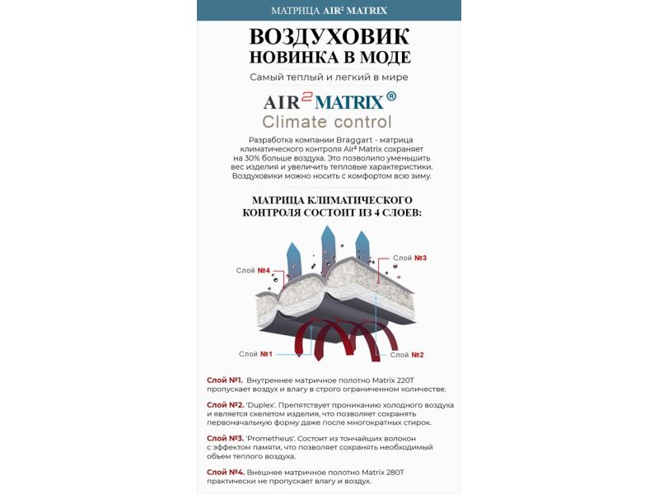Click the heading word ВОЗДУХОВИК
pyautogui.click(x=329, y=37)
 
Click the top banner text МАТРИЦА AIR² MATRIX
pyautogui.click(x=329, y=11)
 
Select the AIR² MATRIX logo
pyautogui.click(x=323, y=101)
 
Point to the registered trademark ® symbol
pyautogui.click(x=390, y=96)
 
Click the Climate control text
pyautogui.click(x=327, y=123)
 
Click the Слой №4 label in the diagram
pyautogui.click(x=253, y=271)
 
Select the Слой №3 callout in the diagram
pyautogui.click(x=409, y=259)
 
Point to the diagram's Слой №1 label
pyautogui.click(x=255, y=354)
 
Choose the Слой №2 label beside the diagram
pyautogui.click(x=407, y=355)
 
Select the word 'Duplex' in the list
pyautogui.click(x=264, y=405)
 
